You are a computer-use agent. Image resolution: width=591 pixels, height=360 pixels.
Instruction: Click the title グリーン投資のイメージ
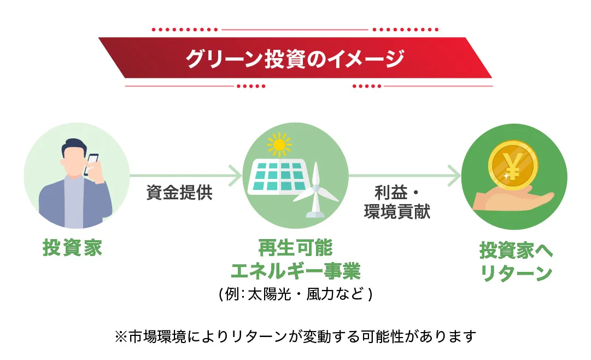[295, 59]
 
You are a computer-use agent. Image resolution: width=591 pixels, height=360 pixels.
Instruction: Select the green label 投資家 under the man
[72, 248]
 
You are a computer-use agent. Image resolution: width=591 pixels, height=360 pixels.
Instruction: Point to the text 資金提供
[179, 193]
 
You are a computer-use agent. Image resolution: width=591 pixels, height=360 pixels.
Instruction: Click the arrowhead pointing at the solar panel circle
[236, 176]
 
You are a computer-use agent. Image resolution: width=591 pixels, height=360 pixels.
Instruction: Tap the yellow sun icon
[279, 144]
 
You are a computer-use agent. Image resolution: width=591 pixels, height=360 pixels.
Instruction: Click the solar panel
[277, 176]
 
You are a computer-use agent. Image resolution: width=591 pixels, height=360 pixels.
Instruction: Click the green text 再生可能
[295, 248]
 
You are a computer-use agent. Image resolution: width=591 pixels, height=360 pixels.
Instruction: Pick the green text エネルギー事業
[295, 271]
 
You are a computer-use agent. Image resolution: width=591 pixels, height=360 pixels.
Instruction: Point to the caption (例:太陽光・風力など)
[295, 294]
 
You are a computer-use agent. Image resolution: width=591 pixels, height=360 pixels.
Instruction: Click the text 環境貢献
[397, 212]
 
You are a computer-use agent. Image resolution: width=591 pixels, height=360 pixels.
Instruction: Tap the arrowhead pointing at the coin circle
[454, 176]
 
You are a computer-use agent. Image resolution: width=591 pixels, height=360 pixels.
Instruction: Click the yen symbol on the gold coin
[513, 166]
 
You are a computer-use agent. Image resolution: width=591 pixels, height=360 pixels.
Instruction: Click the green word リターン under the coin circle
[516, 273]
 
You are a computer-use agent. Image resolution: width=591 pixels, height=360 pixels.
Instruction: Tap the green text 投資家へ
[516, 250]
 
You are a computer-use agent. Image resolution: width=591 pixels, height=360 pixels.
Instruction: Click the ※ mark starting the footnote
[121, 336]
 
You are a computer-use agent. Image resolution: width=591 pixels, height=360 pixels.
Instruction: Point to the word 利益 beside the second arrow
[391, 193]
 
